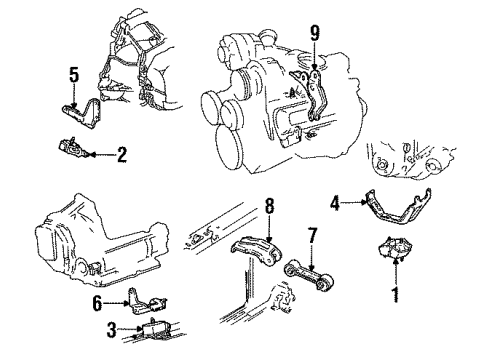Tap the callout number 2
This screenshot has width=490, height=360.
click(x=121, y=154)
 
